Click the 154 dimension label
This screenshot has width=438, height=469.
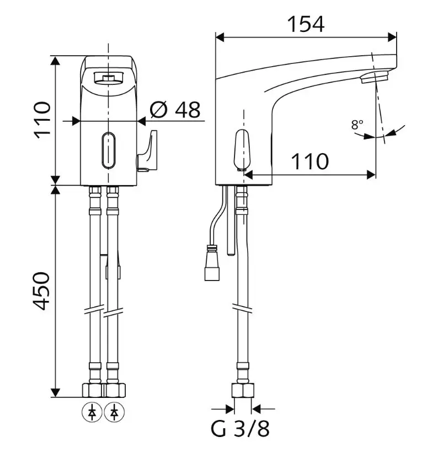click(x=306, y=24)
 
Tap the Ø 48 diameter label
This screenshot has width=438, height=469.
click(x=175, y=110)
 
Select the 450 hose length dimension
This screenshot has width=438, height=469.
click(x=41, y=291)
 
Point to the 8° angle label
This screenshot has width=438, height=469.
click(x=357, y=125)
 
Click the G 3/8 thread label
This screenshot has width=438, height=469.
click(x=240, y=429)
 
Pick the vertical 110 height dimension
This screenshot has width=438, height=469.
click(x=42, y=120)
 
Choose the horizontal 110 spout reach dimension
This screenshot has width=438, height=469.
click(x=310, y=161)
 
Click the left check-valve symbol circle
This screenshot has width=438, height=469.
click(x=92, y=413)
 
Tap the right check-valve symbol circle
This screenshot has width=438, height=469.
click(x=114, y=413)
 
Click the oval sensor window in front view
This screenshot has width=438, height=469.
click(x=108, y=150)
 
